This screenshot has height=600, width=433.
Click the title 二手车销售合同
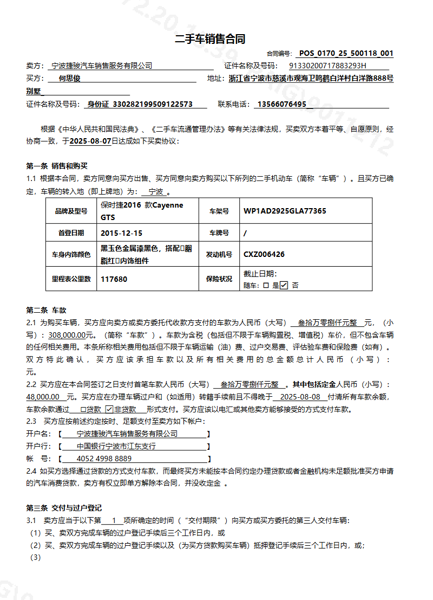[x=210, y=39]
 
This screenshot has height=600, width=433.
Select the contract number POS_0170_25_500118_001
[x=346, y=53]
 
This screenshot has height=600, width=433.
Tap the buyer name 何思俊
[x=69, y=79]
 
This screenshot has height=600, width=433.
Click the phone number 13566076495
[x=282, y=104]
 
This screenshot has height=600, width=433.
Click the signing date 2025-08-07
[x=90, y=141]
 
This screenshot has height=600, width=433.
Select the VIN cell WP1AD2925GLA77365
[x=285, y=211]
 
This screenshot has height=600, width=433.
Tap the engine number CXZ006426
[x=264, y=254]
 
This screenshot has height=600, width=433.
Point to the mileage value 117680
[x=114, y=279]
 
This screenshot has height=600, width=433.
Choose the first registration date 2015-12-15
[x=122, y=233]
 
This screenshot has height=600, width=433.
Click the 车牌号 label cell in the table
[x=219, y=233]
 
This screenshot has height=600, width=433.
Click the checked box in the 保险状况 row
[x=284, y=285]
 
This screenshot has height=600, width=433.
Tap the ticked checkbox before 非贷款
[x=109, y=409]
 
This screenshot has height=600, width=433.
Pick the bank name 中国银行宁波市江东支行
[x=116, y=446]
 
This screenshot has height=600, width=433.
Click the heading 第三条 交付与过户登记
[x=64, y=508]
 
